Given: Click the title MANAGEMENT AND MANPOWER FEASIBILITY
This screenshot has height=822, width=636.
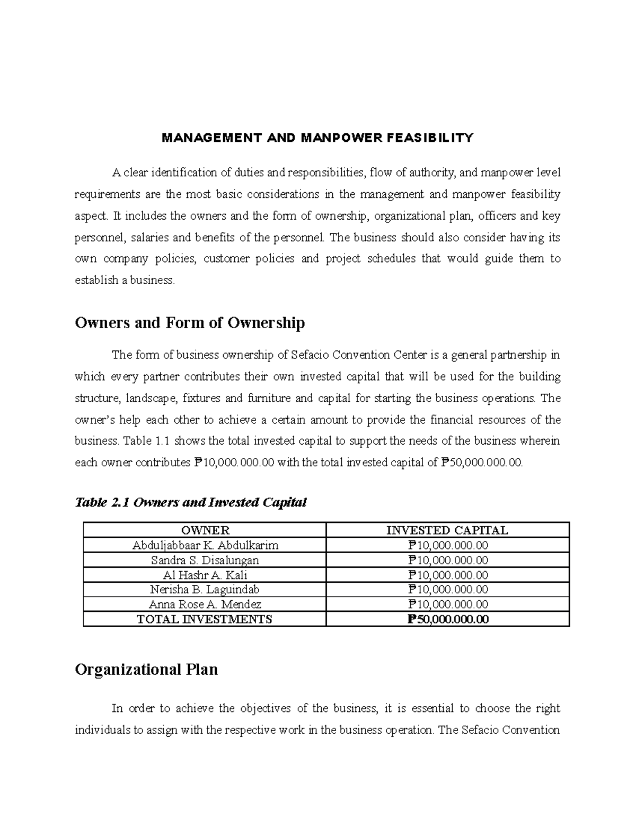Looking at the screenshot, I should point(317,139).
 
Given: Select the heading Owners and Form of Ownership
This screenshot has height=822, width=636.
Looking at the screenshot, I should point(190,323).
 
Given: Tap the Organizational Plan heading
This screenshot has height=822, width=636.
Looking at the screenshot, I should point(146,670).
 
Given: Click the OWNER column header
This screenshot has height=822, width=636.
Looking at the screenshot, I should point(205,530).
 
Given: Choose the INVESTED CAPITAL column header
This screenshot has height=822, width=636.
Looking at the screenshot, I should point(447,530).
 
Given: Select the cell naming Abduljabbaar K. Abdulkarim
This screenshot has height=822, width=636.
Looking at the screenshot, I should point(205,545).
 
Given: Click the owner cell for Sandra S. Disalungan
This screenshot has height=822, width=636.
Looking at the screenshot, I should point(205,560).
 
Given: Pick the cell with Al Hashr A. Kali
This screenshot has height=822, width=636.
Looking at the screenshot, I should point(205,575).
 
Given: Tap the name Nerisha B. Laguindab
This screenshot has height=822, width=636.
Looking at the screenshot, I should point(205,589).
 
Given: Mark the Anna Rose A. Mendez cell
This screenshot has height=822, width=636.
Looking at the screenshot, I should point(205,604).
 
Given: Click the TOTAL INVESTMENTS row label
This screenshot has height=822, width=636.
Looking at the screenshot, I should point(205,619).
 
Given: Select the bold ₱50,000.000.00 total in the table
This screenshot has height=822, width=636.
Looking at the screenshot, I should point(447,619).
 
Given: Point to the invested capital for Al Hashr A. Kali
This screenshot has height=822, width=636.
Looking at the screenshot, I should point(447,575).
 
